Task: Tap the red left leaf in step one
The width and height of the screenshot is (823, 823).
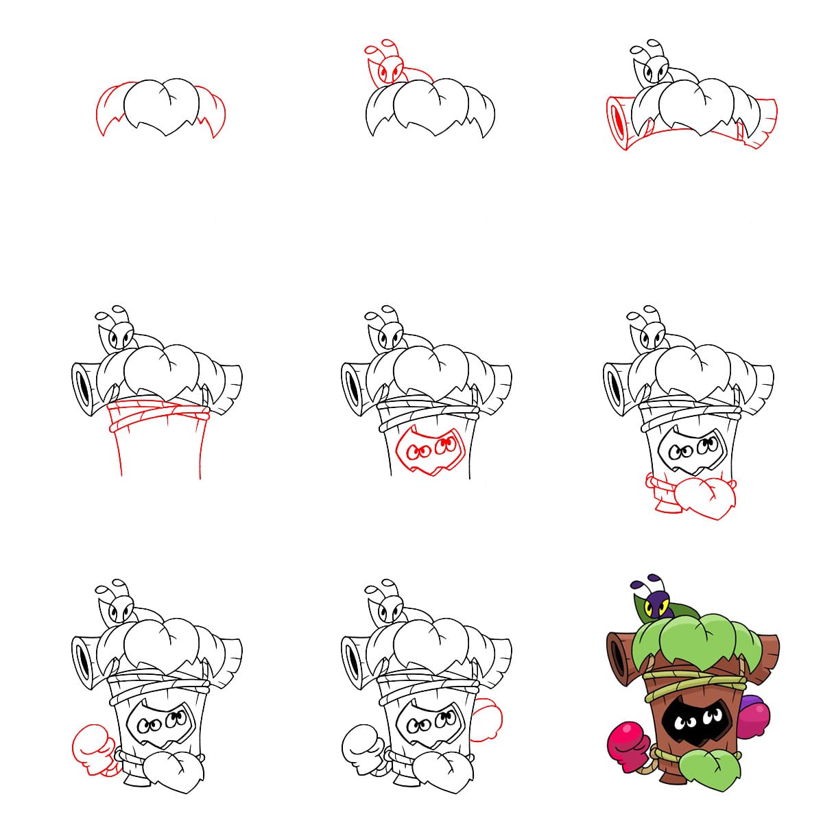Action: click(110, 110)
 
